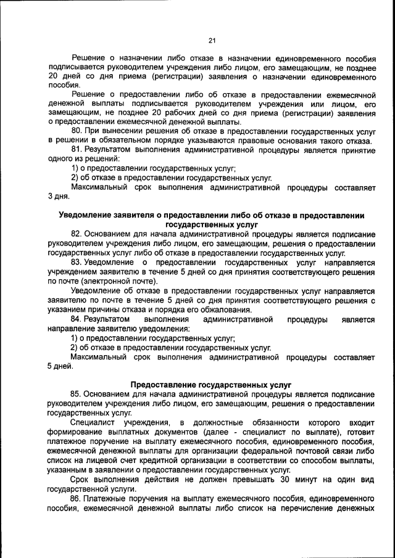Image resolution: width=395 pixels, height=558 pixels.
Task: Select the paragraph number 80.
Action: (77, 131)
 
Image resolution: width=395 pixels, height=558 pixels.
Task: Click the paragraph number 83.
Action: (77, 261)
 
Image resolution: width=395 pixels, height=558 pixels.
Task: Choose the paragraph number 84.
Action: (77, 319)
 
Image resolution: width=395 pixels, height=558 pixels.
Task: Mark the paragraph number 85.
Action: (77, 393)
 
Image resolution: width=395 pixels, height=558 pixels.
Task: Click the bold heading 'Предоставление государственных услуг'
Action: (211, 384)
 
